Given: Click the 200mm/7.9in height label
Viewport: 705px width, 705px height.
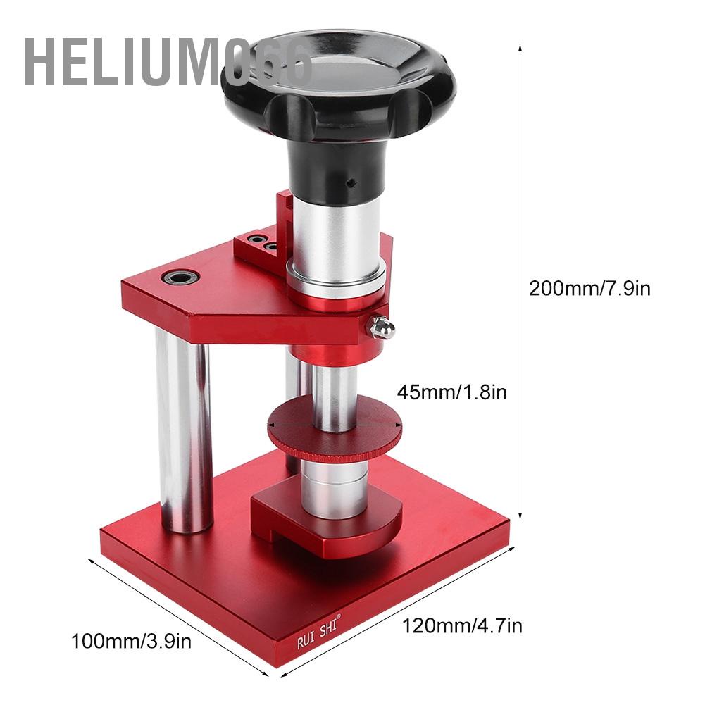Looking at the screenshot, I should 589,288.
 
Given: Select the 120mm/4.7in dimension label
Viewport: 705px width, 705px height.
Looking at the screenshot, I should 462,624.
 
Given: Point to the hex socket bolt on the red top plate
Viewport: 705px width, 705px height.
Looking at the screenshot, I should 181,277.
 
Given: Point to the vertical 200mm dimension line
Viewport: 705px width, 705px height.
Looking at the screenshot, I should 520,282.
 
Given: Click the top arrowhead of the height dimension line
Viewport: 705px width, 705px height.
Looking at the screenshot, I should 520,47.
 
